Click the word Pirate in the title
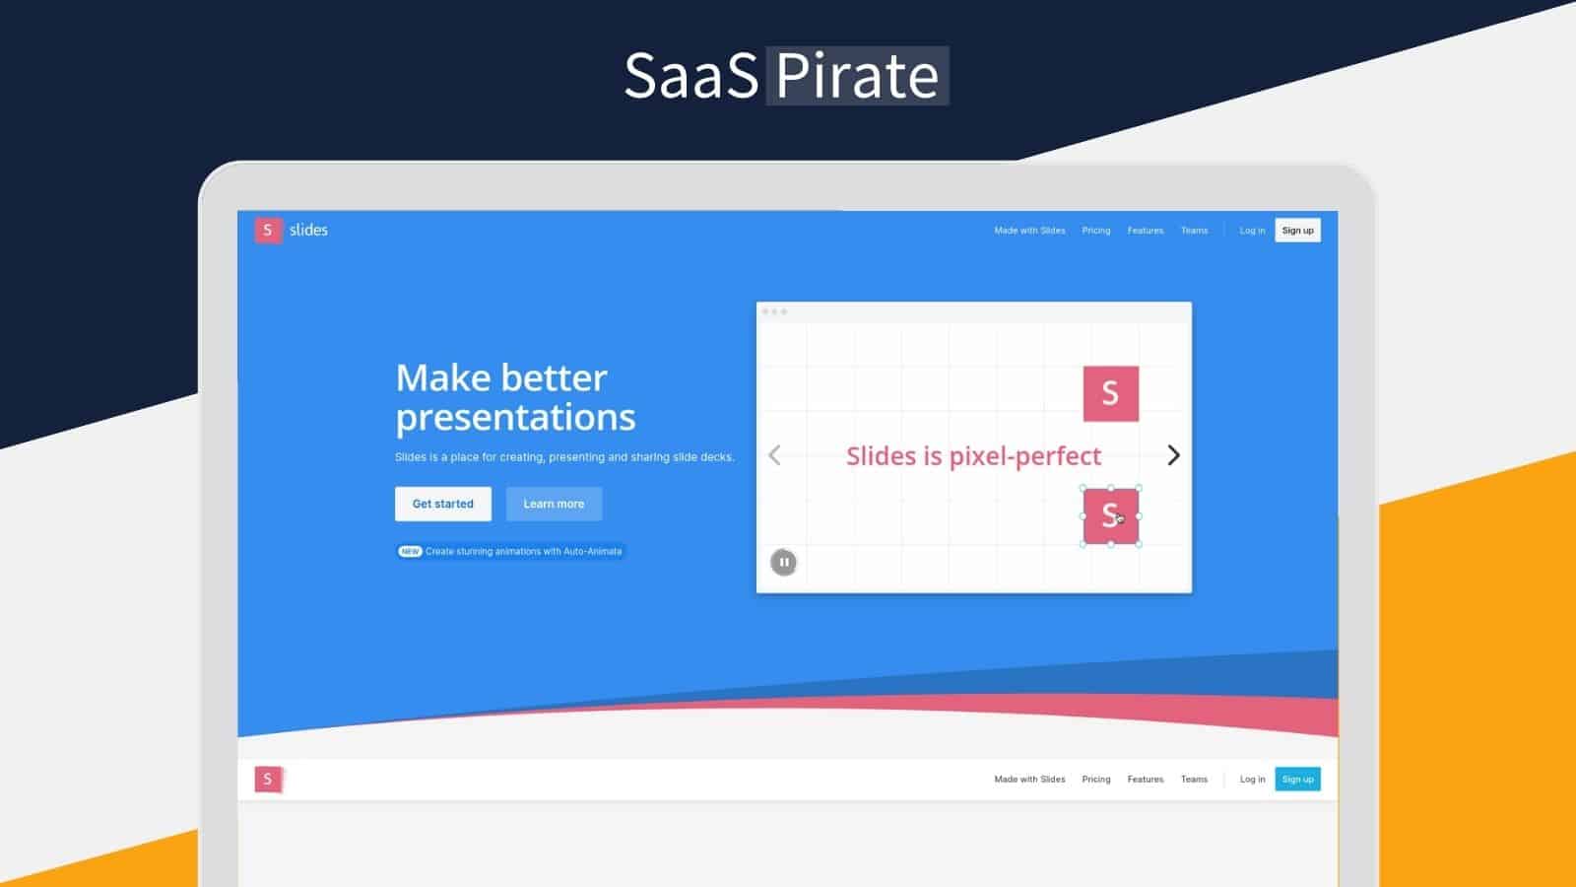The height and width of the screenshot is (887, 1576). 857,76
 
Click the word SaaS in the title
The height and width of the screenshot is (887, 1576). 690,76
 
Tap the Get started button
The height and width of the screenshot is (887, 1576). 443,504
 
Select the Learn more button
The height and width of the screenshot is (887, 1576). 554,504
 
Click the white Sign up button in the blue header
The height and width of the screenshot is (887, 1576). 1297,231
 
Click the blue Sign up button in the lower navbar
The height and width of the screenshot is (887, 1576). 1297,780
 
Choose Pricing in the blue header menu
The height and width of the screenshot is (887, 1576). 1095,231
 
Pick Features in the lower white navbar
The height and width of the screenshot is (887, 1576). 1145,780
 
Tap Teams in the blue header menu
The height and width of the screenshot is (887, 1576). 1194,231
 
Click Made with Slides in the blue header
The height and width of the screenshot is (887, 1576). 1029,231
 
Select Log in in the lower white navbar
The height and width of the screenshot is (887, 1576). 1252,780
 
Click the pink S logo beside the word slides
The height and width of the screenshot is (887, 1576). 268,230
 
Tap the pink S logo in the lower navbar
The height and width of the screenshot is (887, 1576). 268,780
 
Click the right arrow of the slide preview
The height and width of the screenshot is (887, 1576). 1173,455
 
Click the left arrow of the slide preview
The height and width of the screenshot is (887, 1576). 775,455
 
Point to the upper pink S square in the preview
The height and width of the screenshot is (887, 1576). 1110,393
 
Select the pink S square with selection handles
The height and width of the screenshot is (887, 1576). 1110,515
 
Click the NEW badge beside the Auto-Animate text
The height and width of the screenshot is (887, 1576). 410,552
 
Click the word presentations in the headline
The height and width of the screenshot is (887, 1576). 515,418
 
